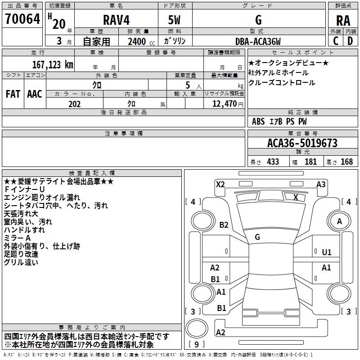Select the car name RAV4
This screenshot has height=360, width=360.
coord(116,20)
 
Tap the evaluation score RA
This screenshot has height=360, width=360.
coord(343,21)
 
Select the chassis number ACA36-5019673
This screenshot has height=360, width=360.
coord(302,143)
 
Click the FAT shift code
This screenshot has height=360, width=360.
coord(13,94)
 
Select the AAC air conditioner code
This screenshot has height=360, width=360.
coord(34,94)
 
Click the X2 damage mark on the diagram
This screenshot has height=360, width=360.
coord(220,184)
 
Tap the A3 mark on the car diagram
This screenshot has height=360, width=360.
coord(321,184)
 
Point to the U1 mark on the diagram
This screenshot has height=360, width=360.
coord(327,252)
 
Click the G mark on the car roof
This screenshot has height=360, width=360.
coord(257,237)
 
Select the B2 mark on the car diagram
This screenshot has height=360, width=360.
coord(224,225)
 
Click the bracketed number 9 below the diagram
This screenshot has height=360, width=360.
coord(197,345)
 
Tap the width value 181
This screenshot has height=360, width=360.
coord(310,162)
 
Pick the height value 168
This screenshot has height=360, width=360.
coord(346,162)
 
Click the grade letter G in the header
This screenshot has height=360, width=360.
coord(258,20)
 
